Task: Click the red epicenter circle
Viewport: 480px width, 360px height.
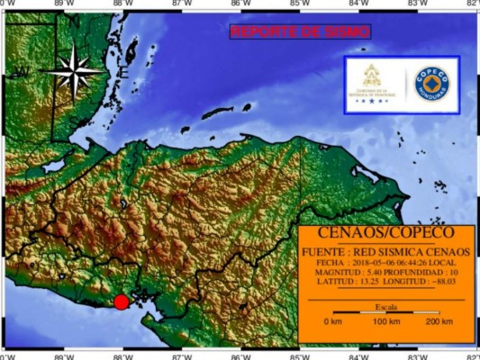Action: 121,301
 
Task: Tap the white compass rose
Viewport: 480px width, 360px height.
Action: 75,71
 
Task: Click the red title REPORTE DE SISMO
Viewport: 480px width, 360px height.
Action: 300,31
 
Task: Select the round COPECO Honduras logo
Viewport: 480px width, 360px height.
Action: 431,84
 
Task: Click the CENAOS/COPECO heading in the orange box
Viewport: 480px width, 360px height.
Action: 386,232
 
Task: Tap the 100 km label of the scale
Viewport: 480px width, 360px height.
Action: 385,321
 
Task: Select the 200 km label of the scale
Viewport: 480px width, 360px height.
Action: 439,321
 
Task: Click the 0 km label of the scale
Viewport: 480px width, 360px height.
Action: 333,321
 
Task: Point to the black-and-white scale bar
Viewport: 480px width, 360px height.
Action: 386,313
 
